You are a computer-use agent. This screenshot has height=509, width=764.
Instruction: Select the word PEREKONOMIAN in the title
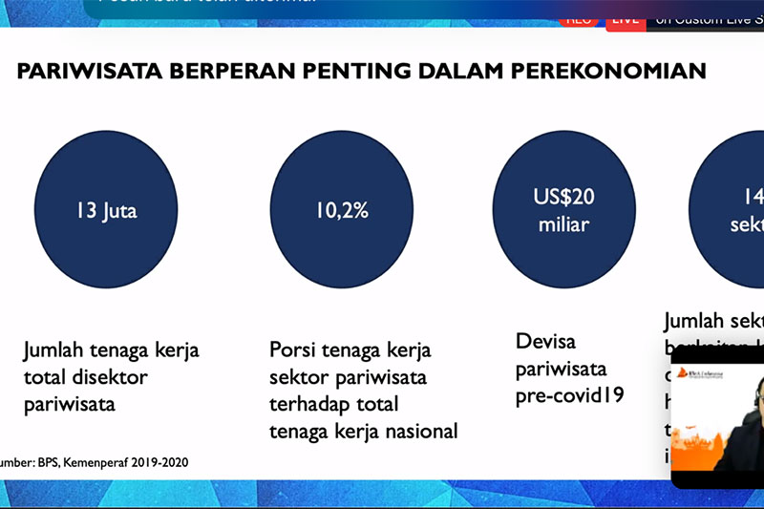[611, 70]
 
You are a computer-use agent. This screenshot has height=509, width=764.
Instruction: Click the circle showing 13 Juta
[107, 210]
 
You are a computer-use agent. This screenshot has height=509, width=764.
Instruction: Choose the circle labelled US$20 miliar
[563, 210]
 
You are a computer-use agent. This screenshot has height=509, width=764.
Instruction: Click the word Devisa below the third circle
[546, 341]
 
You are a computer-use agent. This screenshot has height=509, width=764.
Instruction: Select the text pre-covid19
[570, 393]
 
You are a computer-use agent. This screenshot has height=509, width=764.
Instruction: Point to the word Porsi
[290, 350]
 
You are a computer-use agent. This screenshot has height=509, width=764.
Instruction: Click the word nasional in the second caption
[417, 431]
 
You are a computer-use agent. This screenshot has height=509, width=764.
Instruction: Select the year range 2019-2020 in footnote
[155, 462]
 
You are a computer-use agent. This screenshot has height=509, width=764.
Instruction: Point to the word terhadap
[307, 404]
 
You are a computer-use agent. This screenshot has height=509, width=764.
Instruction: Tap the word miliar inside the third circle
[563, 225]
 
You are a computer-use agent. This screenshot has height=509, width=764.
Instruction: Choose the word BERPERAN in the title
[235, 70]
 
